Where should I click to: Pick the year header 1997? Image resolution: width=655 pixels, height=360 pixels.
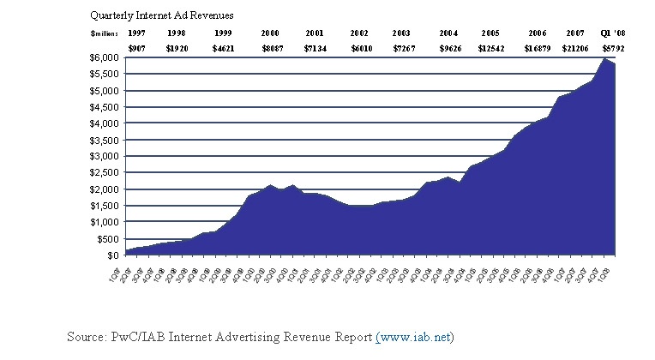click(136, 33)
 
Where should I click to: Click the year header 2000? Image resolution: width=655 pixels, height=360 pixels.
click(271, 33)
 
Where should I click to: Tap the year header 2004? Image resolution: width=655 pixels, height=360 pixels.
click(448, 33)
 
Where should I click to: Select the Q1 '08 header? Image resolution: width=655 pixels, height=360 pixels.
click(614, 33)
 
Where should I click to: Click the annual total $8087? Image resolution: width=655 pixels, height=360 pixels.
click(271, 48)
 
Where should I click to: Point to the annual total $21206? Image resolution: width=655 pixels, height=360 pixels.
click(575, 48)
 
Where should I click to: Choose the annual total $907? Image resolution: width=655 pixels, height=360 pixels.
click(136, 48)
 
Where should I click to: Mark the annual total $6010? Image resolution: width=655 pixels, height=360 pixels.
click(360, 48)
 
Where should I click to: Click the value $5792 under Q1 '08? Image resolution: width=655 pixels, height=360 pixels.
click(614, 48)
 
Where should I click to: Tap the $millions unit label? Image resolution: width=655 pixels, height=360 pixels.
click(101, 33)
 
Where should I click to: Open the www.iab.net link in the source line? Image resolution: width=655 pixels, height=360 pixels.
click(414, 337)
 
